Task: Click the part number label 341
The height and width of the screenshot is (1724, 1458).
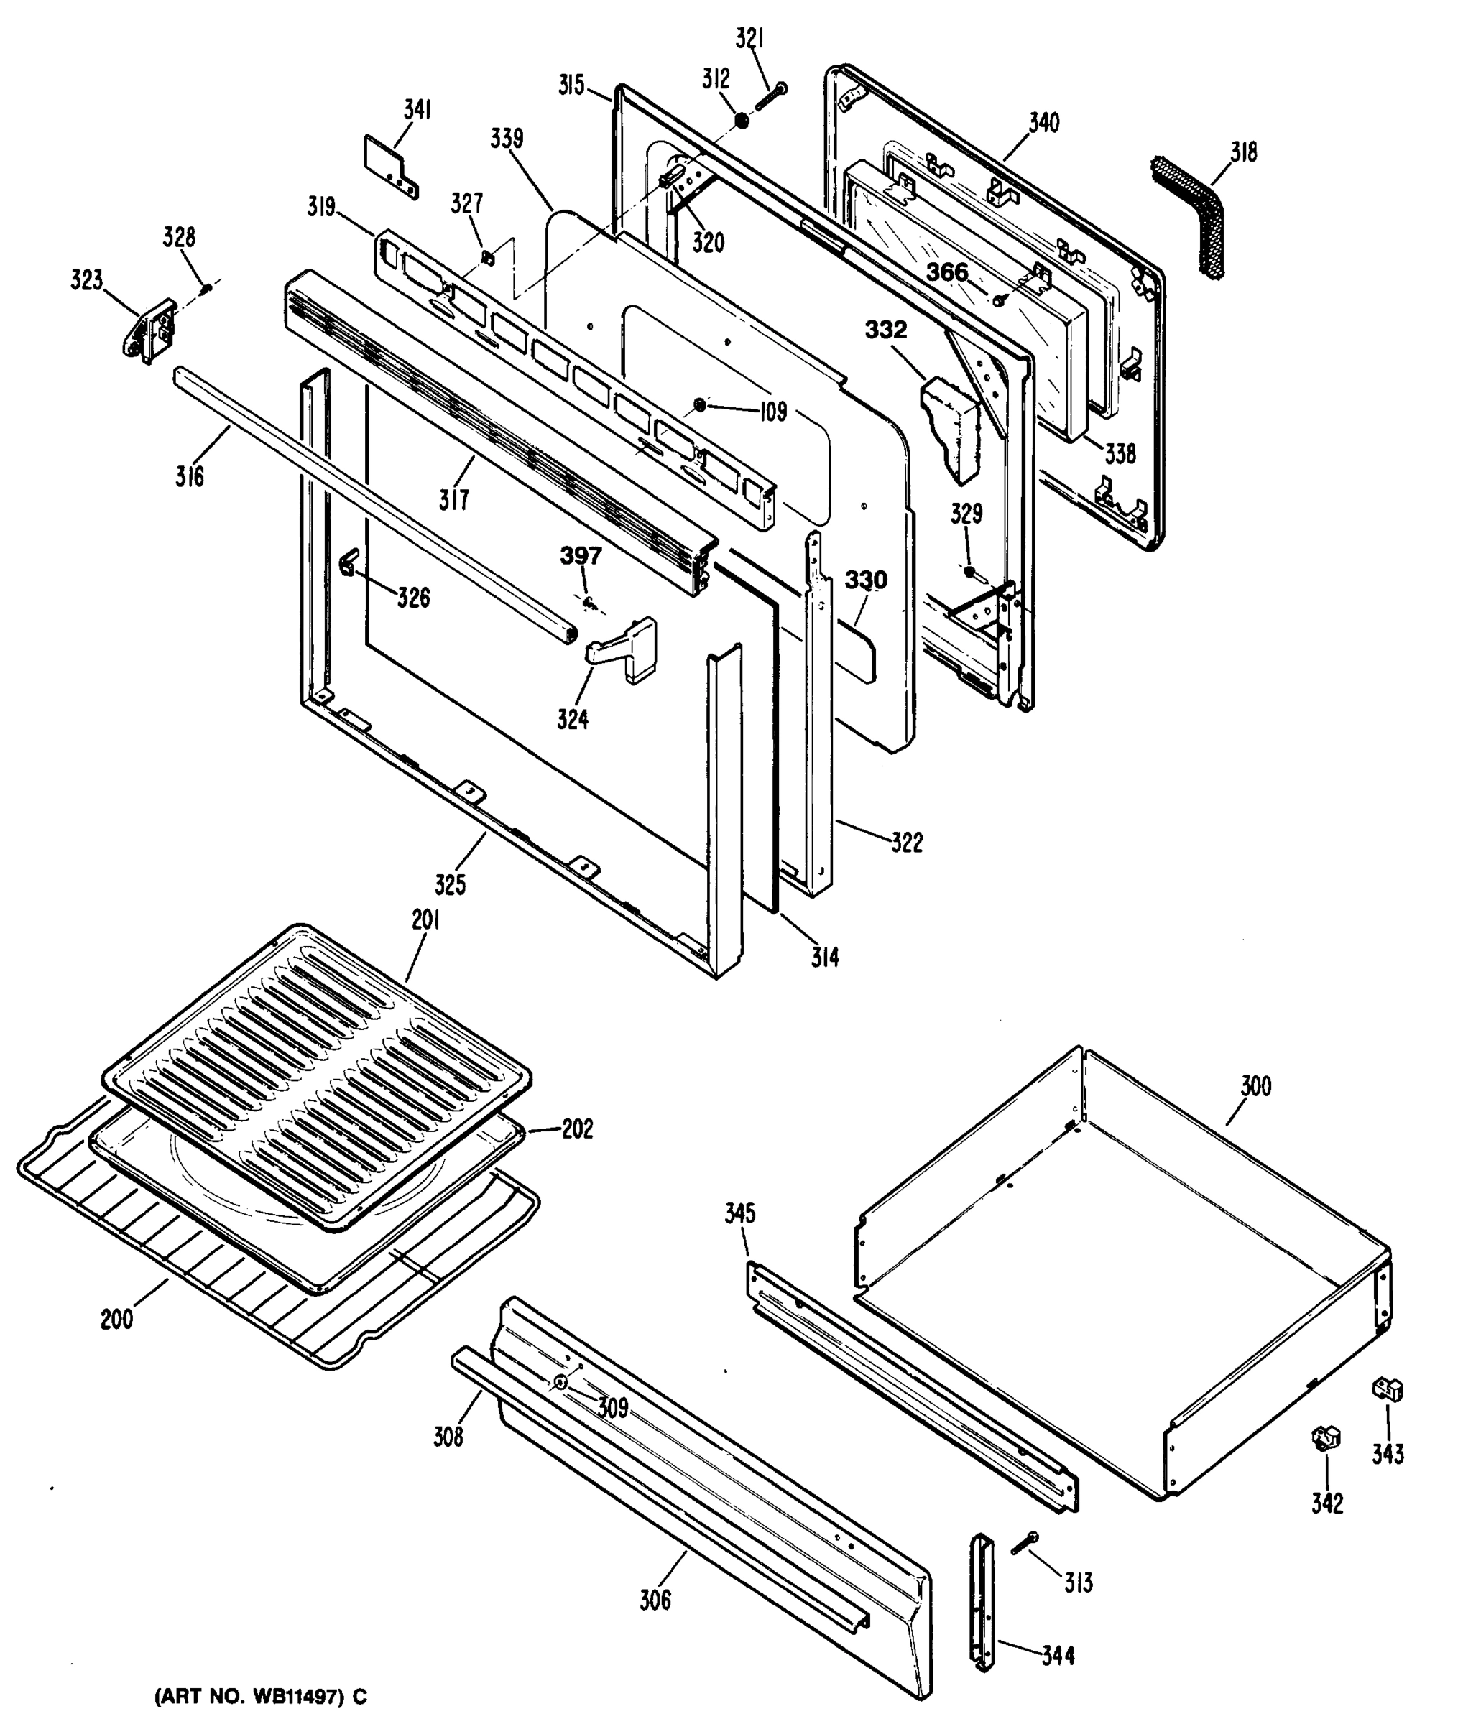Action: click(417, 110)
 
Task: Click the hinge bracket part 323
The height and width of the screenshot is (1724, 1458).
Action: click(150, 330)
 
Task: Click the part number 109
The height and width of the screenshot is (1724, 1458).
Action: click(774, 412)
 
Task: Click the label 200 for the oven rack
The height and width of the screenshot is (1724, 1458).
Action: click(116, 1320)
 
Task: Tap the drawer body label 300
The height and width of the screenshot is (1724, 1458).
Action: click(1255, 1086)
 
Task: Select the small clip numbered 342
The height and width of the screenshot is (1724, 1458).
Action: click(1326, 1438)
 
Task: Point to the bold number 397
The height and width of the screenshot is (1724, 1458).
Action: click(581, 556)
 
